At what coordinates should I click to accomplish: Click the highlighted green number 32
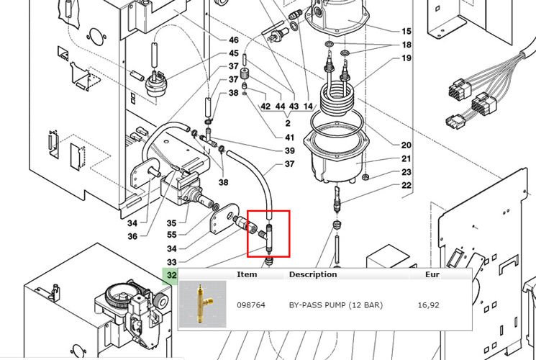coord(171,275)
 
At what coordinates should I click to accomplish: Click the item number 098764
coord(251,305)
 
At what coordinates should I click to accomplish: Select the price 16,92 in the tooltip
coord(428,305)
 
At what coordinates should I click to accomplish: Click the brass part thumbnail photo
coord(204,304)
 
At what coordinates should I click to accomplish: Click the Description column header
coord(312,274)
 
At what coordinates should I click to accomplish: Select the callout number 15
coord(406,32)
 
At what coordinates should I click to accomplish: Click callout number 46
coord(234,40)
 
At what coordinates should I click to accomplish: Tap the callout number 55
coord(171,235)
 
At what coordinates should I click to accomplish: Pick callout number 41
coord(290,138)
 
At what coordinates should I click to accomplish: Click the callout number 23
coord(406,173)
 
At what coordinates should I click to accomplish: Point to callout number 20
coord(406,145)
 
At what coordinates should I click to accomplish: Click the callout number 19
coord(406,58)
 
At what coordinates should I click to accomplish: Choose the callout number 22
coord(406,186)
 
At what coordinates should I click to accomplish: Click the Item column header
coord(247,274)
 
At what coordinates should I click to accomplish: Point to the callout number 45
coord(234,54)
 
